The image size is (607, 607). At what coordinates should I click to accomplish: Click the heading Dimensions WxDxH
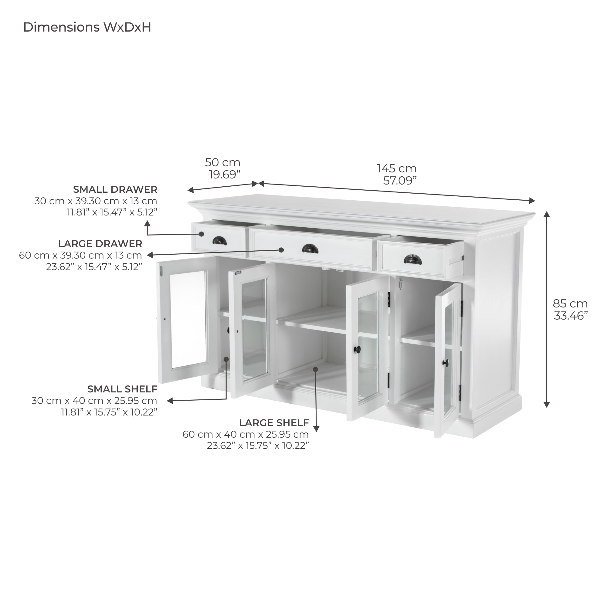(87, 27)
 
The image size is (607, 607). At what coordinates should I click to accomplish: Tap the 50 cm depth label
(222, 162)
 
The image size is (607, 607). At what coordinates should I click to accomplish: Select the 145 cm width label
(397, 168)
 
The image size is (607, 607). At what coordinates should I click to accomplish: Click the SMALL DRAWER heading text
(115, 189)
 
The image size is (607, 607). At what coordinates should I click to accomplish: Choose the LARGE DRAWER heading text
(100, 243)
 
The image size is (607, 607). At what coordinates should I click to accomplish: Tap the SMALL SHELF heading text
(122, 389)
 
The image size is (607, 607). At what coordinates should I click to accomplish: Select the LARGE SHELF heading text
(274, 422)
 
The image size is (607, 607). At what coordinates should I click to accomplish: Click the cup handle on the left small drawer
(220, 241)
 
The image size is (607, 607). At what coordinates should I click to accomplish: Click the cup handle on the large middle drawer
(310, 249)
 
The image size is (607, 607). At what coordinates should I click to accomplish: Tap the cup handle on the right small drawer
(413, 259)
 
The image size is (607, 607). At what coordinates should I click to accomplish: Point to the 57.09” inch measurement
(400, 181)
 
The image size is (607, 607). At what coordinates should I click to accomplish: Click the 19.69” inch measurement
(225, 175)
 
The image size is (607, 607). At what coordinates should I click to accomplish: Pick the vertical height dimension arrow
(547, 309)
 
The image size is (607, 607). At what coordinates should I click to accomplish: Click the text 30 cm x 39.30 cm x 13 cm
(96, 201)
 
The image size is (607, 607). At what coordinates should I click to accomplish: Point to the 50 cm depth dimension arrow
(222, 187)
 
